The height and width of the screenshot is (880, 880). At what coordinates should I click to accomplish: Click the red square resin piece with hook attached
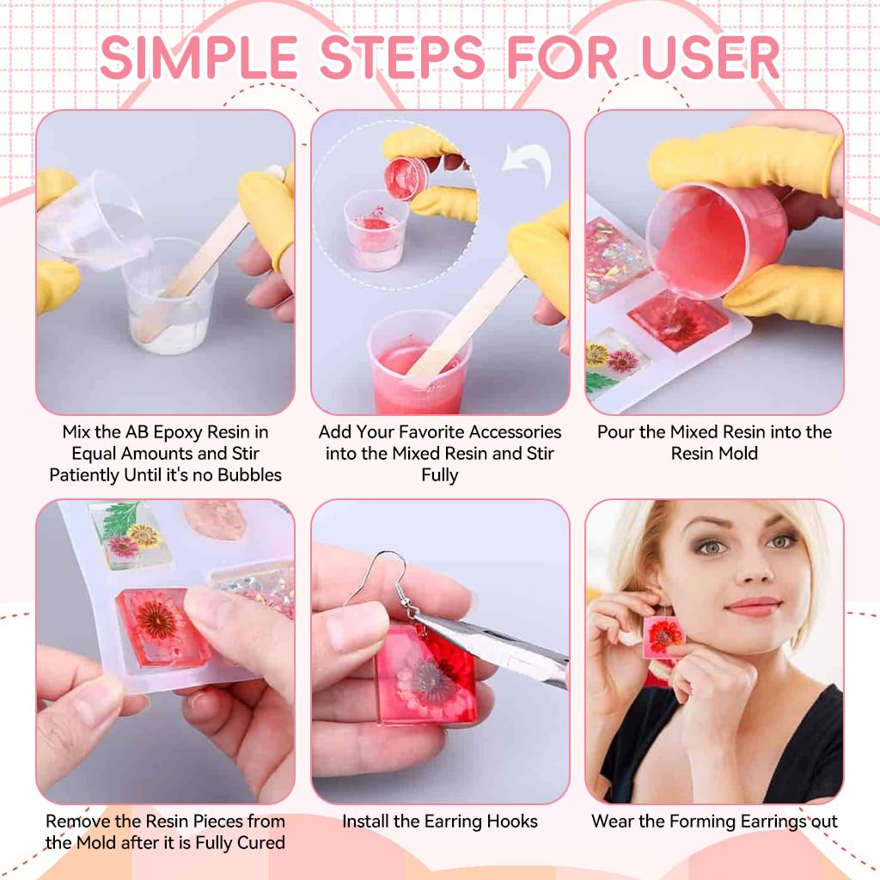click(x=425, y=675)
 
